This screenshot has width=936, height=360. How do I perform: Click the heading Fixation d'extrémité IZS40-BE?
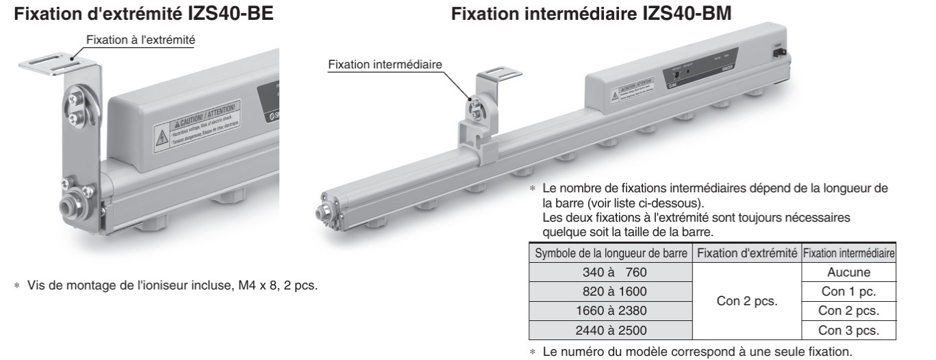(x=144, y=13)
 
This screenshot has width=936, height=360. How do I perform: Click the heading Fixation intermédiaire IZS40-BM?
(x=590, y=13)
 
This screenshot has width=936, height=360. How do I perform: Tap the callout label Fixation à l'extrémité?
(x=140, y=41)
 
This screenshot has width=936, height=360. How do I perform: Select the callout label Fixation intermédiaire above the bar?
(x=385, y=64)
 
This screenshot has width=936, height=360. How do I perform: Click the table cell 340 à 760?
(x=609, y=272)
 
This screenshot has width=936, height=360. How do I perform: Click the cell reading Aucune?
(x=848, y=272)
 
